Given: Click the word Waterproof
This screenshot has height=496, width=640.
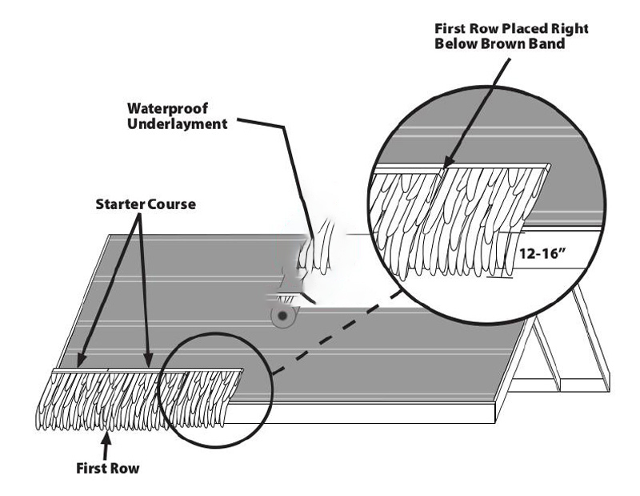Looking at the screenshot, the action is [167, 109].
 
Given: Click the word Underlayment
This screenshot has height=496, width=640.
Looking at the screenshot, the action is [177, 123].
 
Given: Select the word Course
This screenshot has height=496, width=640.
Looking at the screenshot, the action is [171, 204].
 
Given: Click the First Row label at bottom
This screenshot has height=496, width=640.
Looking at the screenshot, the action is [108, 468].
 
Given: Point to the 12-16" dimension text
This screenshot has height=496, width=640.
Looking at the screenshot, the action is [543, 253].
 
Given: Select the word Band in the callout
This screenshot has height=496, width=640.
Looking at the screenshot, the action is [547, 43].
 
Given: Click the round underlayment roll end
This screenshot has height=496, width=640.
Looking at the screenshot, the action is [282, 316].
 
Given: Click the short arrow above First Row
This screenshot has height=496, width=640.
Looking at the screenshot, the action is [106, 446].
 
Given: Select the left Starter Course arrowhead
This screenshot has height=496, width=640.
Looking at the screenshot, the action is [81, 361].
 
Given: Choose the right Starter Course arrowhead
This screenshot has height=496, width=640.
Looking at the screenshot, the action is [148, 360].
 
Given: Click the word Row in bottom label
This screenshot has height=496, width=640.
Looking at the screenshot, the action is [125, 468].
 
